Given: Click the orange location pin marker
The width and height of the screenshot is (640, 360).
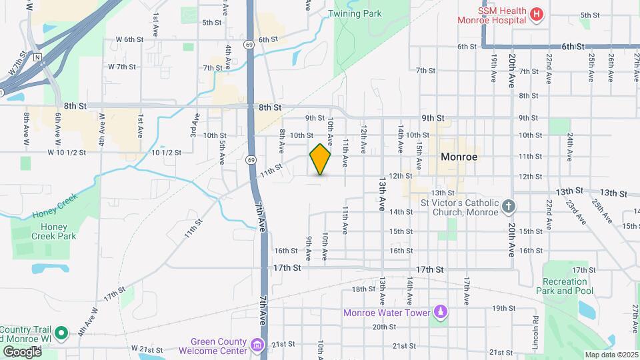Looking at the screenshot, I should click(x=320, y=159).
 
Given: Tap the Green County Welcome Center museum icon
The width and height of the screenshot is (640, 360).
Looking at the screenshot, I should click(x=257, y=345).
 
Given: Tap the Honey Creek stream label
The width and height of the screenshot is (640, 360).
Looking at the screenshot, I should click(x=55, y=206).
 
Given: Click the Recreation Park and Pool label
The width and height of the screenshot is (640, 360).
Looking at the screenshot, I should click(x=564, y=286).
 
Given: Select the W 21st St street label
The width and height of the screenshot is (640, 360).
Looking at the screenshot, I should click(x=148, y=349).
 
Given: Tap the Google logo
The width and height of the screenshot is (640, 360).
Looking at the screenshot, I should click(x=22, y=351).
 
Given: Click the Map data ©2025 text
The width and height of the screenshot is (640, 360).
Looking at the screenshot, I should click(x=610, y=355).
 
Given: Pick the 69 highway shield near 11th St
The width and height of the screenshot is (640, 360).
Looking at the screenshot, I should click(x=250, y=160).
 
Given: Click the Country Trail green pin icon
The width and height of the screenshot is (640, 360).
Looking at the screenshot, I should click(x=61, y=332).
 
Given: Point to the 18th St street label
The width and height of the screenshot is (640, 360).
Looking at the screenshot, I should click(x=364, y=289).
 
